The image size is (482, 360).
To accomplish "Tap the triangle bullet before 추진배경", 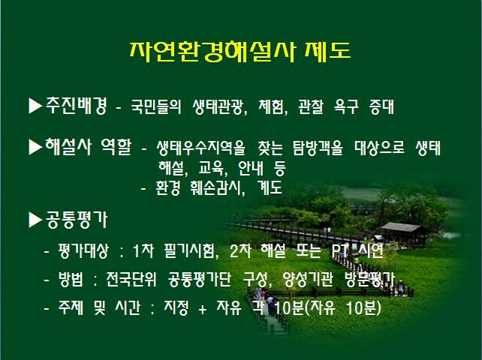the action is pos(35,106).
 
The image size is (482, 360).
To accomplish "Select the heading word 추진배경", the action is pos(77,106).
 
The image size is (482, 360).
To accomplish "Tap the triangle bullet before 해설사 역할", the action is pos(35,147).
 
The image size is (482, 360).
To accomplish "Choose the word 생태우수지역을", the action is pos(200,148).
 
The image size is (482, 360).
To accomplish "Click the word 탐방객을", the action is pos(318,148).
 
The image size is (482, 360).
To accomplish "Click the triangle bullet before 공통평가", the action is pos(35,220).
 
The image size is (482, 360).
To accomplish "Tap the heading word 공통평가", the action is pos(77,220).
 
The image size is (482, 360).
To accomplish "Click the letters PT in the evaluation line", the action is pos(340,251).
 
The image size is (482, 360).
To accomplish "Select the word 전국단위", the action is pos(131,280).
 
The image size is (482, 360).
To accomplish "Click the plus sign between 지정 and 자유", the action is pos(202,309).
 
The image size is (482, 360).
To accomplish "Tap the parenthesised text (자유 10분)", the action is pos(344,308).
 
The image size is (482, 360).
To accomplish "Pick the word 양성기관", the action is pos(307,280).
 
